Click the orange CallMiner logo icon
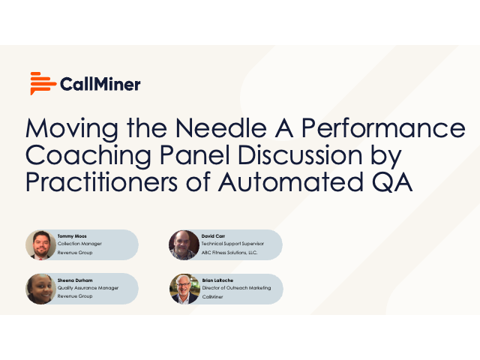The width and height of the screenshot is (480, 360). (x=42, y=83)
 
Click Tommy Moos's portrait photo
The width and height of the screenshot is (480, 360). (x=40, y=244)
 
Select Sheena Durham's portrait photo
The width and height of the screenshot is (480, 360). (x=40, y=288)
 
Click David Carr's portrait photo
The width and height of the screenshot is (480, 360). (x=184, y=244)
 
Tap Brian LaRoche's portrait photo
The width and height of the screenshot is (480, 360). (x=184, y=288)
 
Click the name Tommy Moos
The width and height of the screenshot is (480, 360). (x=72, y=235)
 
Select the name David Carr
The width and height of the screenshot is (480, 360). (x=214, y=235)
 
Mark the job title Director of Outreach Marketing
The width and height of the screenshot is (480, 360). (x=236, y=288)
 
